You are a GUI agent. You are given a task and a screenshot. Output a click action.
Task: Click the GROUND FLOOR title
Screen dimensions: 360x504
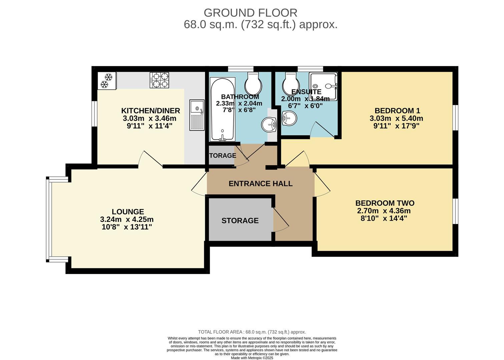(x=250, y=13)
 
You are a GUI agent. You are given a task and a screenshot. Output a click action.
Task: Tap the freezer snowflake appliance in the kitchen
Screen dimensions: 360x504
(x=107, y=81)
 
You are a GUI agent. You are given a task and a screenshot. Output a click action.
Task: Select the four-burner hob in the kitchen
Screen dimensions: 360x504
(x=159, y=80)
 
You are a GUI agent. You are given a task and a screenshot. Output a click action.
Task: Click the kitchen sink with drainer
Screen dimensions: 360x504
(x=197, y=115)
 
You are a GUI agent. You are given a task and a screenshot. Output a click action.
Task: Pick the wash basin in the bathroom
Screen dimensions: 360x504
(x=269, y=125)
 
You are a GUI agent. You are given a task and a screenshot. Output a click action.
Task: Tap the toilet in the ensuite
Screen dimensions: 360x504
(x=291, y=83)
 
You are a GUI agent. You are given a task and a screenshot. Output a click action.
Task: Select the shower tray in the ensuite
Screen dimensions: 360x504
(x=323, y=86)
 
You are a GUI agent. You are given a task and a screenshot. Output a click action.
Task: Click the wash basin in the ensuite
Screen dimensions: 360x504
(x=289, y=118)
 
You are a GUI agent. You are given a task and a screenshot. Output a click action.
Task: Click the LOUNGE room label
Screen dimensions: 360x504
(x=128, y=212)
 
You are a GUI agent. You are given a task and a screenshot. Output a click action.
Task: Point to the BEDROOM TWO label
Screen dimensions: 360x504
(x=385, y=203)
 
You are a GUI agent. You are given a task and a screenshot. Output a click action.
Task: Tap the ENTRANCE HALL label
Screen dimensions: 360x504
(x=260, y=183)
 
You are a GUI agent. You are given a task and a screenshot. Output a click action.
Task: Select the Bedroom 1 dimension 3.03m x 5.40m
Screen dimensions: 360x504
(x=396, y=118)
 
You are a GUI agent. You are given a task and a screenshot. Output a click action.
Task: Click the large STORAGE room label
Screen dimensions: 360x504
(x=240, y=220)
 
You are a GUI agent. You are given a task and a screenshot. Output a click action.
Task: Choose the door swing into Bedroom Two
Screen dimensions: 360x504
(x=322, y=185)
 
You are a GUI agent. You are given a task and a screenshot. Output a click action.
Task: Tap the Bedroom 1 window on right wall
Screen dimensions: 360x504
(x=455, y=117)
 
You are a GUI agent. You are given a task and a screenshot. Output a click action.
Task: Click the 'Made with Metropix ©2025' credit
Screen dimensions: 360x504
(x=252, y=358)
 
